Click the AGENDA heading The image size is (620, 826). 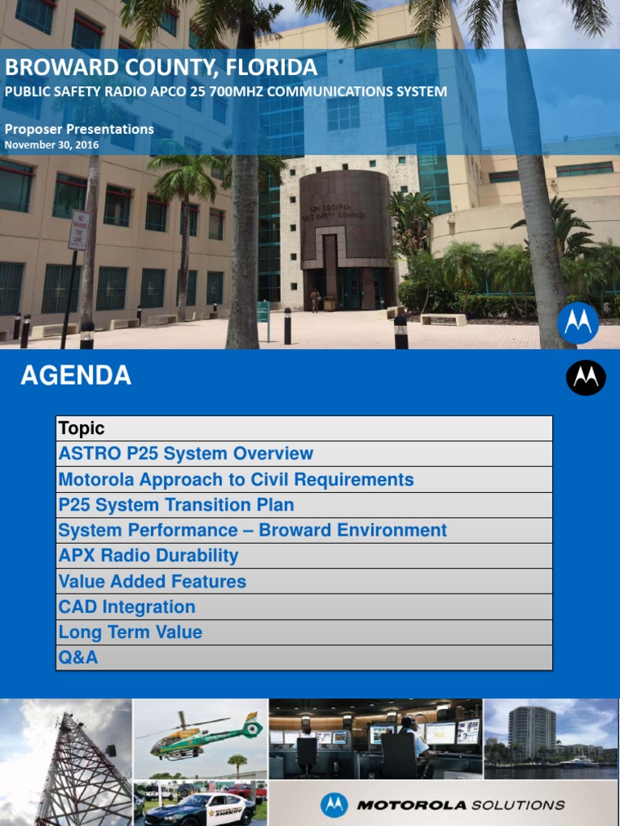76,376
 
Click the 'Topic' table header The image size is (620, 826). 82,428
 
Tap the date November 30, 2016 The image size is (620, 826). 52,145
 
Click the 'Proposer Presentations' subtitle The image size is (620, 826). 79,129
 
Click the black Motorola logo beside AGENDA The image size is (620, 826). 586,378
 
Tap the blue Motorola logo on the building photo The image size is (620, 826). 578,323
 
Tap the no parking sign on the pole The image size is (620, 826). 78,230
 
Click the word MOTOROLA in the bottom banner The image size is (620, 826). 412,805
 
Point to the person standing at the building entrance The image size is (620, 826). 316,300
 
